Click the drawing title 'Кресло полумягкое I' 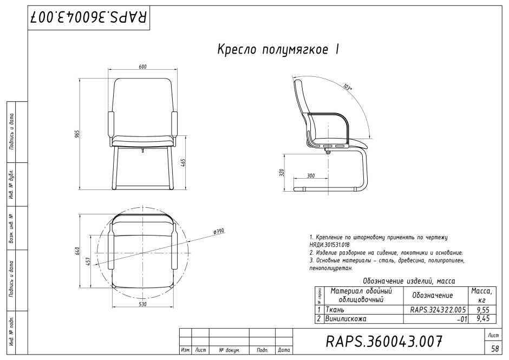coord(278,50)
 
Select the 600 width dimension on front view coord(143,67)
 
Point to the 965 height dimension coord(77,134)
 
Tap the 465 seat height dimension coord(183,163)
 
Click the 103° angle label coord(348,87)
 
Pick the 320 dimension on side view coord(282,172)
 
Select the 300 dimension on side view coord(311,175)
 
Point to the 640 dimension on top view coord(77,251)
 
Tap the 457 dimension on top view coord(88,261)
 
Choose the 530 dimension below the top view coord(143,304)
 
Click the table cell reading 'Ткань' coord(335,310)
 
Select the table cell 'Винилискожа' coord(345,319)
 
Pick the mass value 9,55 coord(483,310)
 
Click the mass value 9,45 coord(483,319)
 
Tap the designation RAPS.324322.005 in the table coord(438,310)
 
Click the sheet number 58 coord(495,349)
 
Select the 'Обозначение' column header coord(433,296)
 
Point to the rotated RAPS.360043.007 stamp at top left coord(89,17)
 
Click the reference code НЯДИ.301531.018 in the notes coord(329,245)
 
